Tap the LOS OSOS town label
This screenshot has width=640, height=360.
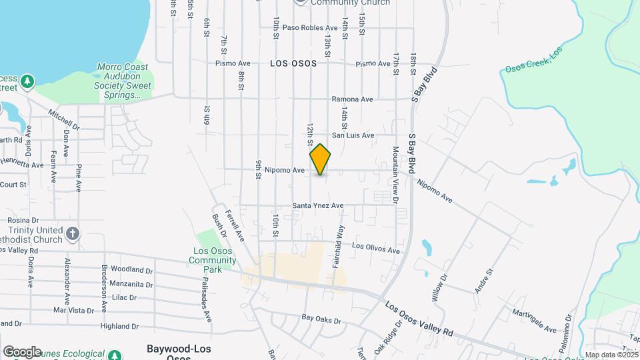pyautogui.click(x=294, y=63)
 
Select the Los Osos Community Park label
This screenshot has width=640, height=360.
pyautogui.click(x=212, y=261)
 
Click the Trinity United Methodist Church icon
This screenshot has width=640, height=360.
pyautogui.click(x=73, y=234)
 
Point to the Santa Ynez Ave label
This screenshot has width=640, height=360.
pyautogui.click(x=318, y=206)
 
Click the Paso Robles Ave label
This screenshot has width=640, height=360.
pyautogui.click(x=310, y=27)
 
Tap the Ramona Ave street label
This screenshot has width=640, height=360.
pyautogui.click(x=353, y=99)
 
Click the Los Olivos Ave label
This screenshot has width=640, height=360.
pyautogui.click(x=376, y=248)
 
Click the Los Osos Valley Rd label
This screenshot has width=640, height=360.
pyautogui.click(x=419, y=318)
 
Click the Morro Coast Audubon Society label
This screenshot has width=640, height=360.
pyautogui.click(x=123, y=81)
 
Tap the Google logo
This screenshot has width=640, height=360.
pyautogui.click(x=21, y=351)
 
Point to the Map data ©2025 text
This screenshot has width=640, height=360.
pyautogui.click(x=610, y=355)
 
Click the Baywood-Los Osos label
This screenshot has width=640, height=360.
pyautogui.click(x=177, y=352)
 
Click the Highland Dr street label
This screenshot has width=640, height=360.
pyautogui.click(x=119, y=327)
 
